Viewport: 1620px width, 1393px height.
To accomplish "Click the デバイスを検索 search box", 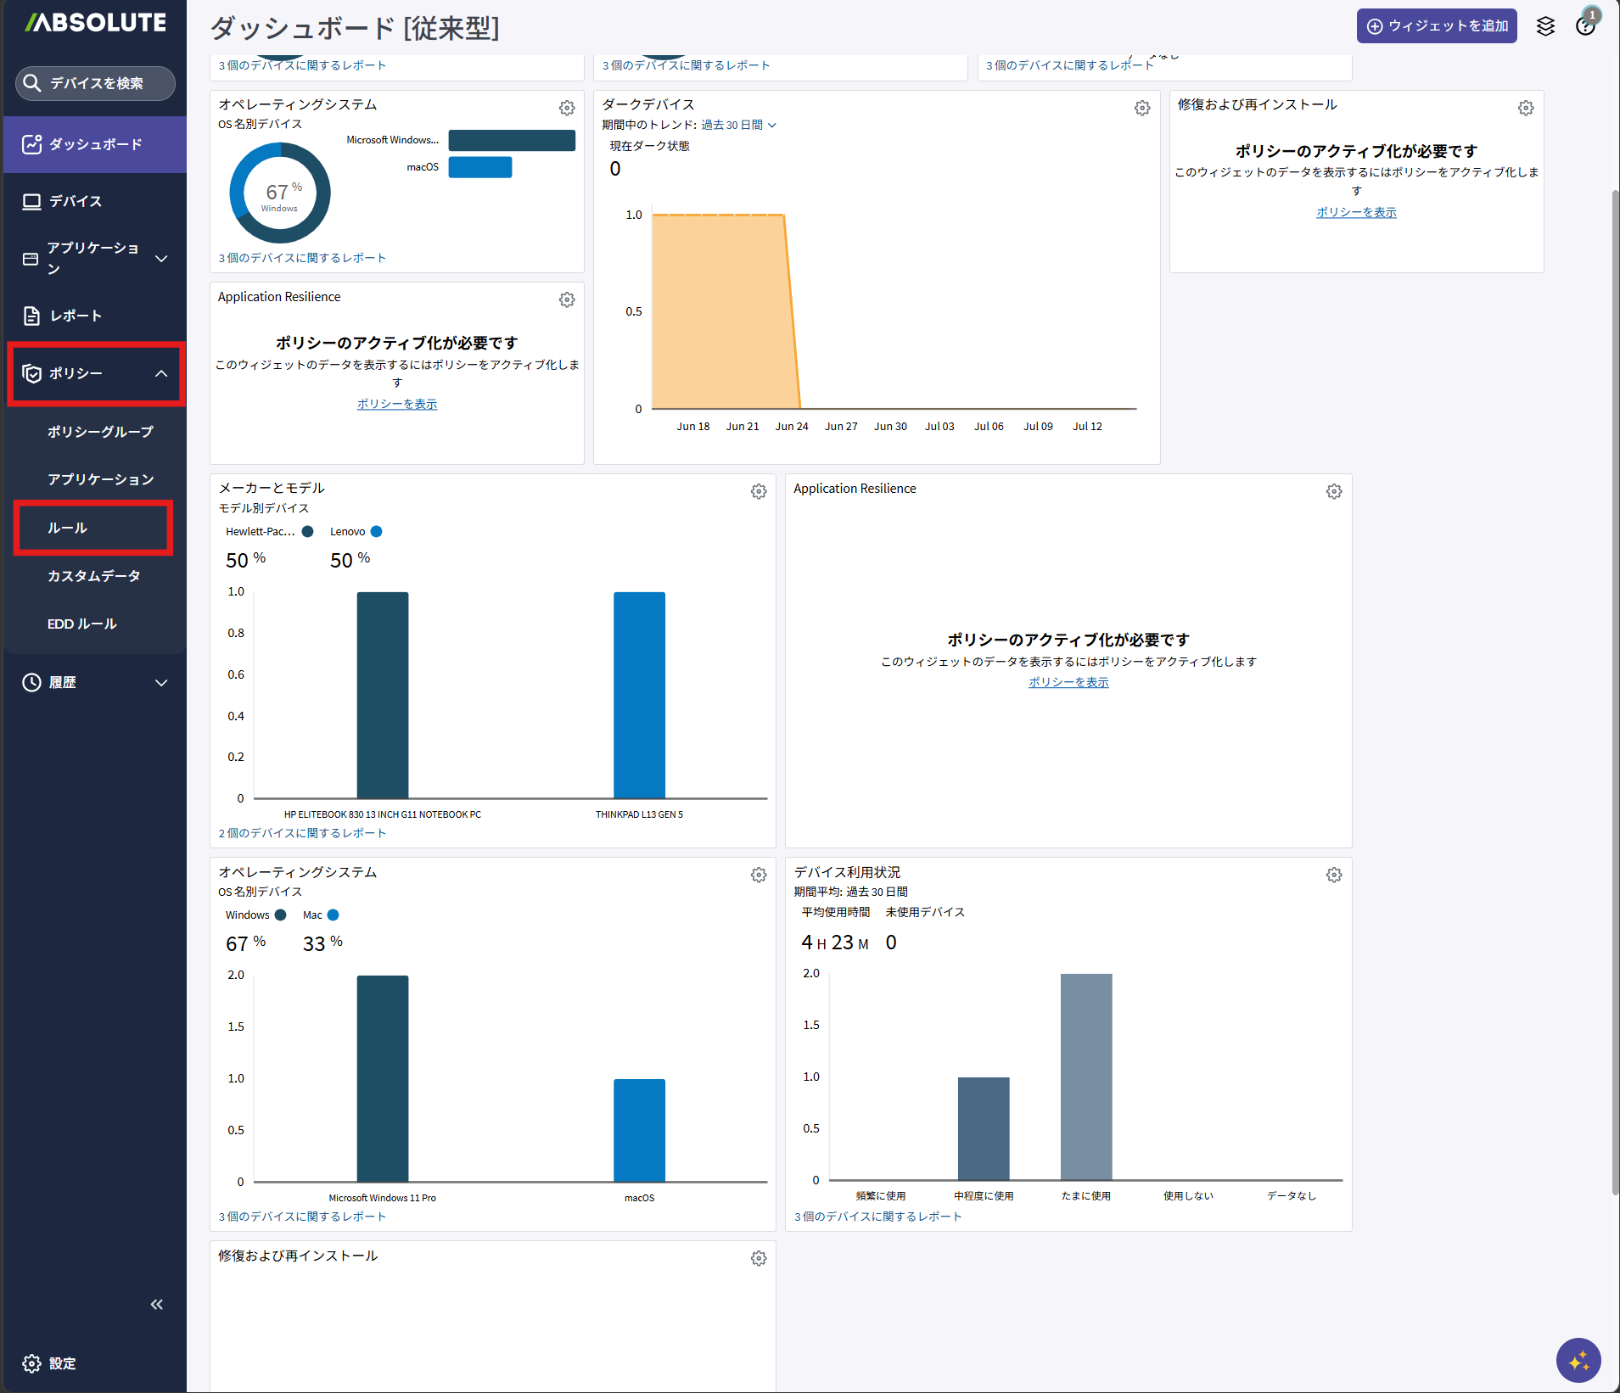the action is point(95,83).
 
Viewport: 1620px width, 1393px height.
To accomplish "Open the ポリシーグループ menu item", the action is point(100,432).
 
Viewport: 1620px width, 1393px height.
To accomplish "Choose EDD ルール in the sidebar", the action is point(82,624).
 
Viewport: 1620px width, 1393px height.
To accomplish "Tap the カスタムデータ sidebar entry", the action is point(93,576).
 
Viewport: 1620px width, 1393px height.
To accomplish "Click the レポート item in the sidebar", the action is point(76,316).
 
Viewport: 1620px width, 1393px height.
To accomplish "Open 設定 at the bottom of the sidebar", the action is point(50,1363).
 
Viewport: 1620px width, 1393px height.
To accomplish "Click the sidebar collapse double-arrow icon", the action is point(157,1304).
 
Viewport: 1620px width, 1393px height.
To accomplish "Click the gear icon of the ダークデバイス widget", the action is point(1142,108).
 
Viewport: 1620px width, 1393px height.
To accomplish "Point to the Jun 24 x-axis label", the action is point(792,427).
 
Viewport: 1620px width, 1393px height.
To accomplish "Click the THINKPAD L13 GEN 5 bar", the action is point(639,696).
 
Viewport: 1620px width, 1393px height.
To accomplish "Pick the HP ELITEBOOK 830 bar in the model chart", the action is point(383,696).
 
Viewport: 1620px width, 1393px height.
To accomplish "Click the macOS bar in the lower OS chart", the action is point(639,1131).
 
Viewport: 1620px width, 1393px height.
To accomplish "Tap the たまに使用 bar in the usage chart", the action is point(1086,1077).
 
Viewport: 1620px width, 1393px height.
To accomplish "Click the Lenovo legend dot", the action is point(377,532).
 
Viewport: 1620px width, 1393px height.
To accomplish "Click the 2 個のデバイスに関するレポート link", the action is point(302,833).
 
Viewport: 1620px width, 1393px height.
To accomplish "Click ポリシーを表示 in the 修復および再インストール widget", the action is point(1356,212).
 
